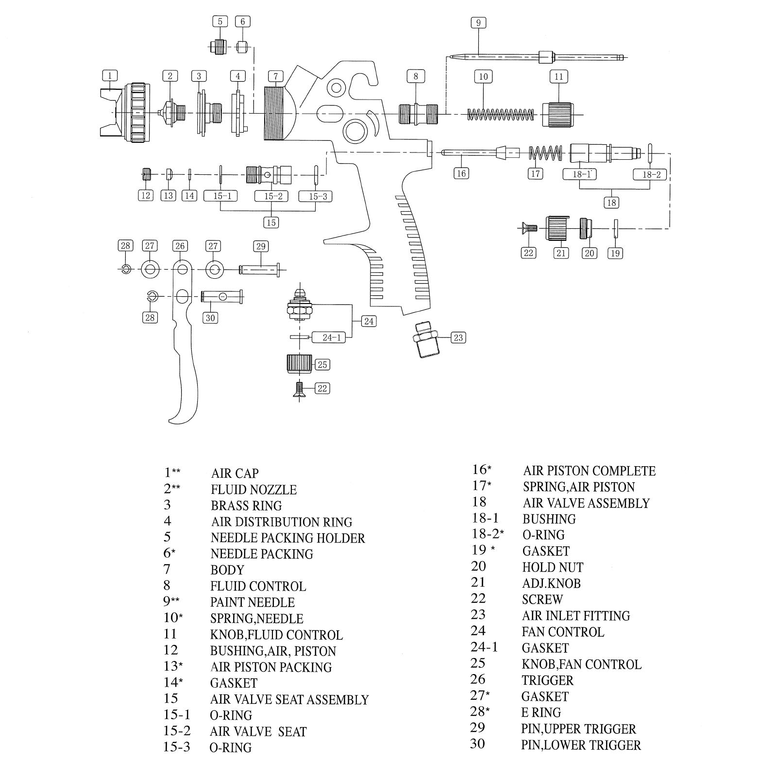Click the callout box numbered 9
point(478,23)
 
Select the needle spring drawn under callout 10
point(500,115)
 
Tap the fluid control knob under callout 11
point(557,115)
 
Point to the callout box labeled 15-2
point(273,196)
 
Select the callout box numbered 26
point(180,246)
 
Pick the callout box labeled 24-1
point(332,338)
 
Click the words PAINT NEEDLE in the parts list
point(252,603)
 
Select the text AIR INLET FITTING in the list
point(576,616)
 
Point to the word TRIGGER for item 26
point(547,680)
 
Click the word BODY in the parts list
point(227,570)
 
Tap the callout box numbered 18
point(611,203)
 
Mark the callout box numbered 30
point(210,318)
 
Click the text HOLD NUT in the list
point(553,567)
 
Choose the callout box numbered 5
point(220,22)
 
